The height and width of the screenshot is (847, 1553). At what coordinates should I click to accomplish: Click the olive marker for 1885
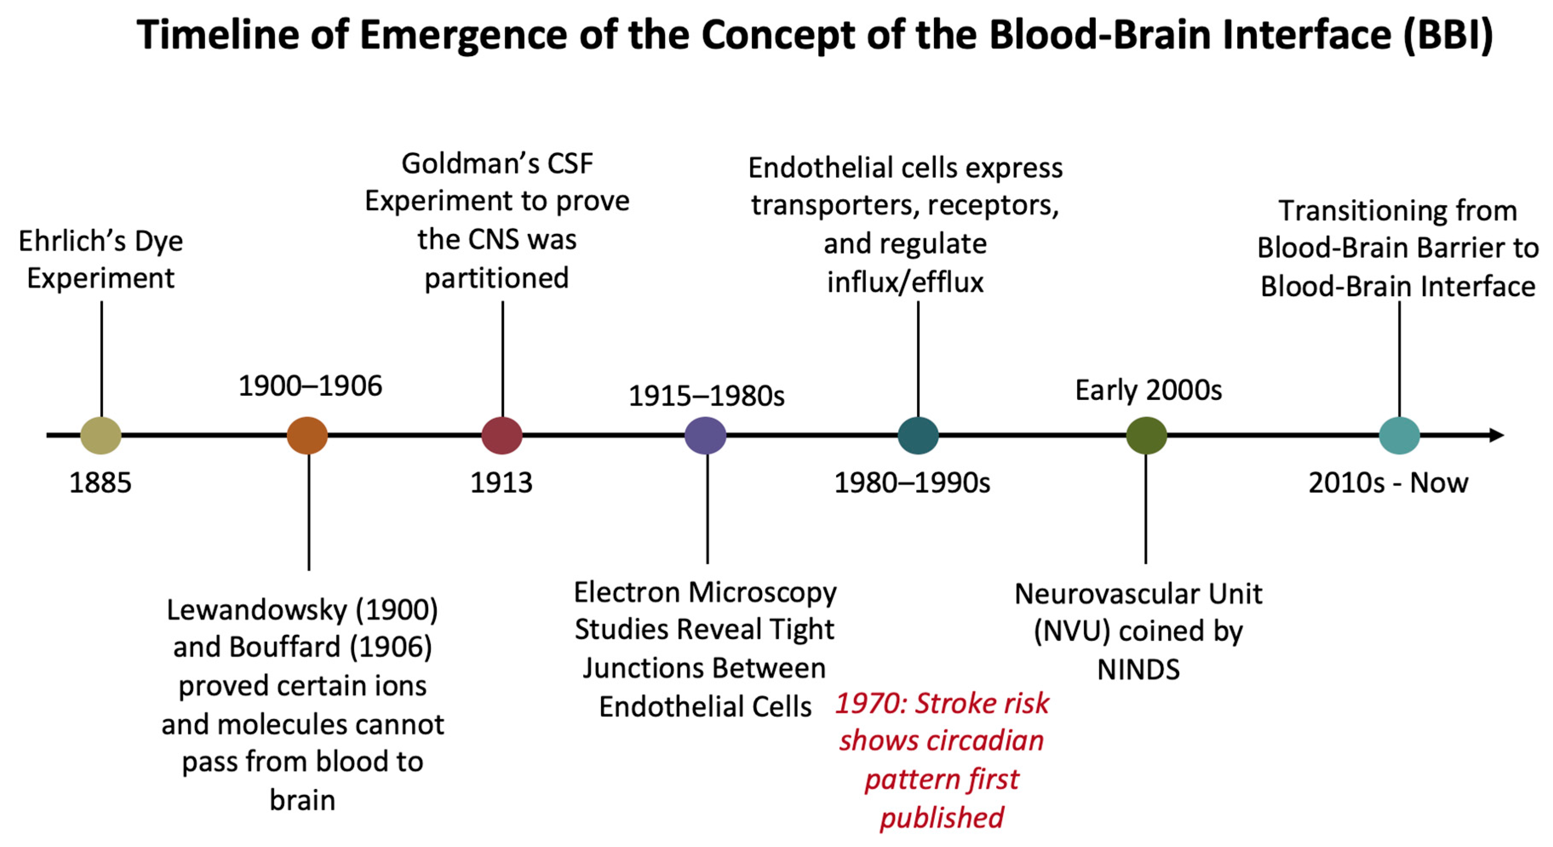coord(100,435)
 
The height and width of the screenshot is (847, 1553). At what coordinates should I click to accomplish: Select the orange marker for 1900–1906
coord(307,435)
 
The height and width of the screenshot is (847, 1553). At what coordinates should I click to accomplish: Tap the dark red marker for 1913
coord(501,435)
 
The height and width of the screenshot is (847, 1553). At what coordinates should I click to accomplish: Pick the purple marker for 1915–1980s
coord(705,435)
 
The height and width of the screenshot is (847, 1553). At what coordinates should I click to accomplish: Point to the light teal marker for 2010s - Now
coord(1399,435)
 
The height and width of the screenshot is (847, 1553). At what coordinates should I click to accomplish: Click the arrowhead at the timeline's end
coord(1497,435)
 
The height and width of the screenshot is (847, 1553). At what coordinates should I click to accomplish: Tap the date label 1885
coord(100,482)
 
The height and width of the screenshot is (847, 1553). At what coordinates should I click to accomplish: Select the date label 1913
coord(501,482)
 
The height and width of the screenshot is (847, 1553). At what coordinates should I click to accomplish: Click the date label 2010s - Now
coord(1388,482)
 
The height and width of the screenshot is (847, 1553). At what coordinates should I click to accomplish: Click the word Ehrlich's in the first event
coord(71,241)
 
